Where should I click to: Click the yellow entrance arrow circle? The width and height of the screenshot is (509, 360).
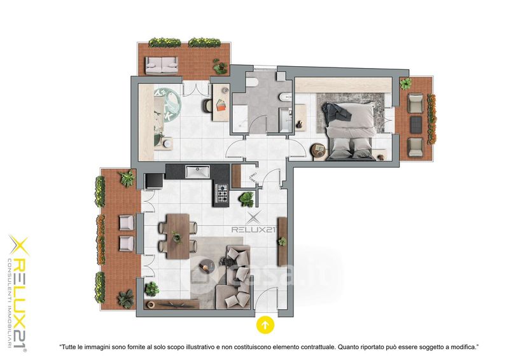[x=265, y=324]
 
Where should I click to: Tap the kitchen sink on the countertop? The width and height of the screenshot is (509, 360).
[x=197, y=171]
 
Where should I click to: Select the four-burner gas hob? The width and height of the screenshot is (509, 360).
[x=222, y=193]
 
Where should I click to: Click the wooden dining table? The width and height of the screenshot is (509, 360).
[x=178, y=236]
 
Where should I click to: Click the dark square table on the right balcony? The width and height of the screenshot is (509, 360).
[x=416, y=125]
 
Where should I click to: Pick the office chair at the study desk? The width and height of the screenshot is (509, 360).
[x=208, y=106]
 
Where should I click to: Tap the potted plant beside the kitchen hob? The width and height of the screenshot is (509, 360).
[x=246, y=198]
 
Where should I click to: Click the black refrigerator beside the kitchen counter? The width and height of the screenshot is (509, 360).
[x=154, y=181]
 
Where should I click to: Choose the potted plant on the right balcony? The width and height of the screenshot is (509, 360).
[x=405, y=84]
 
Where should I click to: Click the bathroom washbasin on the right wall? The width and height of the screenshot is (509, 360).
[x=284, y=97]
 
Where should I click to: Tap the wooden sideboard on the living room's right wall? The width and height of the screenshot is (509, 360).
[x=282, y=242]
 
